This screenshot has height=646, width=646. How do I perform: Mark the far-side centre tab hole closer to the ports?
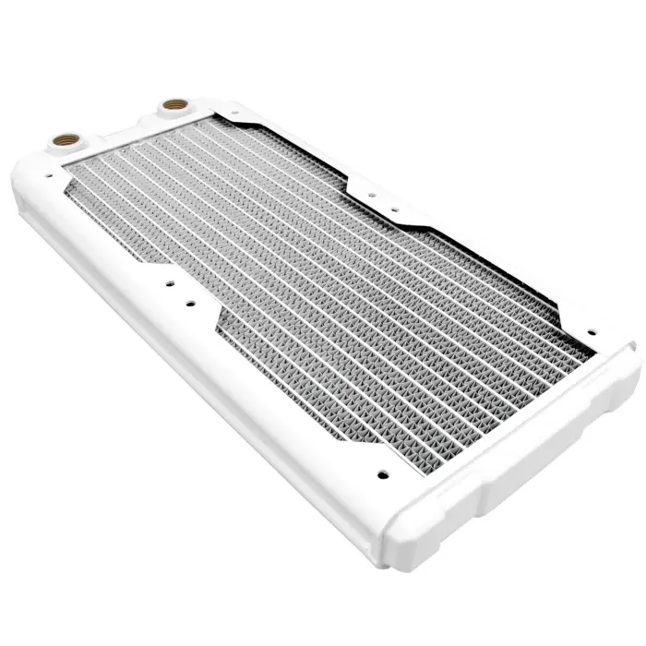(x=367, y=195)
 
